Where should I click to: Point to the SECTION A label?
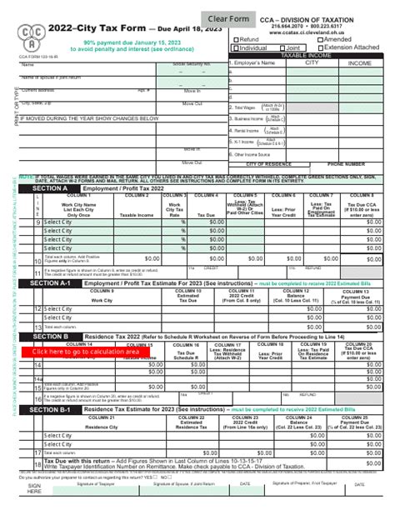point(50,189)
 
